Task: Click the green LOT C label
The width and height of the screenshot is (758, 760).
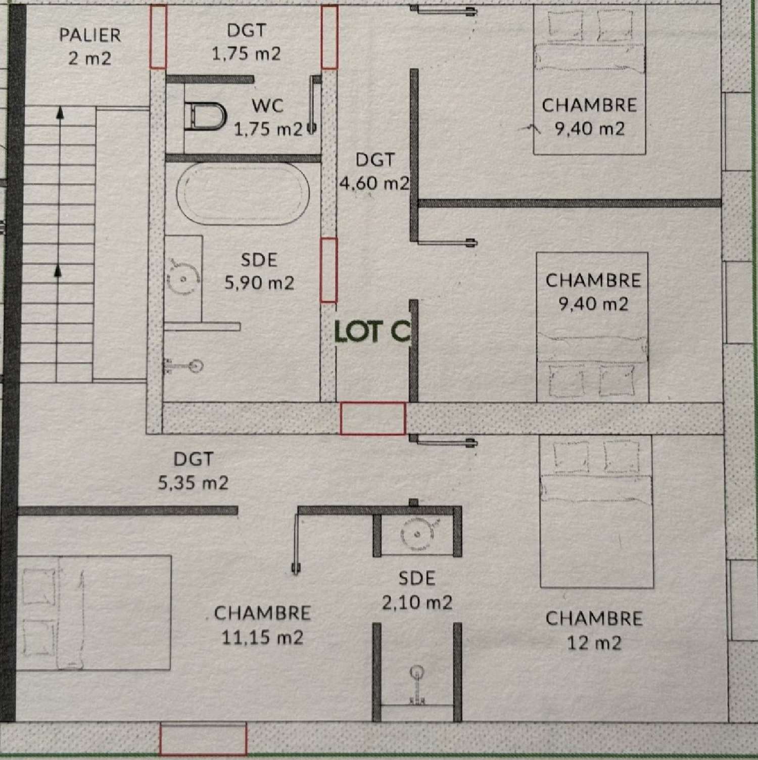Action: pyautogui.click(x=372, y=332)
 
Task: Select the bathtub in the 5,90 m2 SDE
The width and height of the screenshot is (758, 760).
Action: pyautogui.click(x=243, y=193)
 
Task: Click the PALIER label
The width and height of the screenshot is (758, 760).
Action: pyautogui.click(x=90, y=35)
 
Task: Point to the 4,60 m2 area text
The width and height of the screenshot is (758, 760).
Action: pyautogui.click(x=374, y=183)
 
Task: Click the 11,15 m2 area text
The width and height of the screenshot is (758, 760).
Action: pyautogui.click(x=262, y=638)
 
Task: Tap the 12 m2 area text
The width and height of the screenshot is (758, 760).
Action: pyautogui.click(x=594, y=643)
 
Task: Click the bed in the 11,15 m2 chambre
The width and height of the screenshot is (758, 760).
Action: pyautogui.click(x=96, y=612)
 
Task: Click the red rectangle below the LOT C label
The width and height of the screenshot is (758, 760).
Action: pyautogui.click(x=372, y=418)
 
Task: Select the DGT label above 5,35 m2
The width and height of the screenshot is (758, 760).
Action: pyautogui.click(x=194, y=459)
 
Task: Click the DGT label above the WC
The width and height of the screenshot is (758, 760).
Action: pyautogui.click(x=246, y=31)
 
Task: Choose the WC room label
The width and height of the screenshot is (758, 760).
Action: pyautogui.click(x=268, y=106)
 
